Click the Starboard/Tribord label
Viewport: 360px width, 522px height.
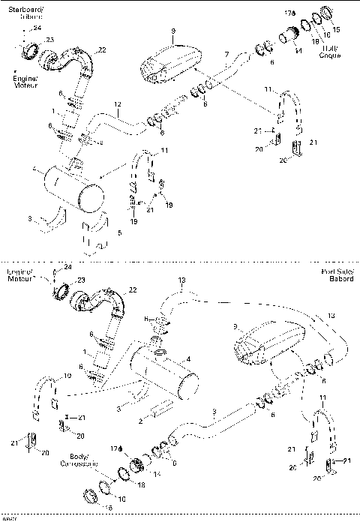(x=26, y=11)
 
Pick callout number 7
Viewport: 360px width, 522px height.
(x=226, y=54)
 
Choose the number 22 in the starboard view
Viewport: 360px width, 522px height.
(x=102, y=49)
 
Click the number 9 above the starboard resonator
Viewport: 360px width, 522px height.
(x=172, y=31)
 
